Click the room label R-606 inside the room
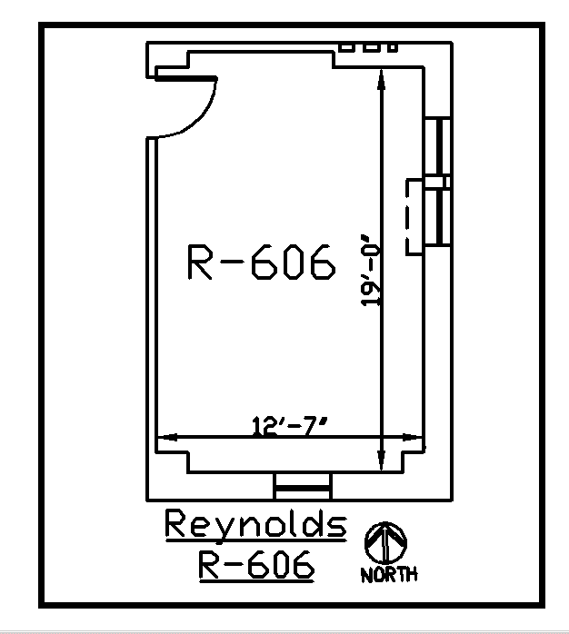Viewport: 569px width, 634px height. click(261, 263)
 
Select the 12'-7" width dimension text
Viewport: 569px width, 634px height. click(289, 424)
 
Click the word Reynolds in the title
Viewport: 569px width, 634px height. click(255, 526)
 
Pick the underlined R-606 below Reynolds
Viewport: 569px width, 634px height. click(255, 565)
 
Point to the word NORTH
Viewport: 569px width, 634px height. click(389, 575)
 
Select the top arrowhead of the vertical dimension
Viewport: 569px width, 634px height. click(382, 81)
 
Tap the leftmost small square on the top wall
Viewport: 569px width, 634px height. click(346, 46)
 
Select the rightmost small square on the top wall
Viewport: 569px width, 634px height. click(393, 46)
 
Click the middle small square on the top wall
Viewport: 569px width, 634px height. click(371, 46)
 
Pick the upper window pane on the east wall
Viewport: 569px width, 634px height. click(439, 147)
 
